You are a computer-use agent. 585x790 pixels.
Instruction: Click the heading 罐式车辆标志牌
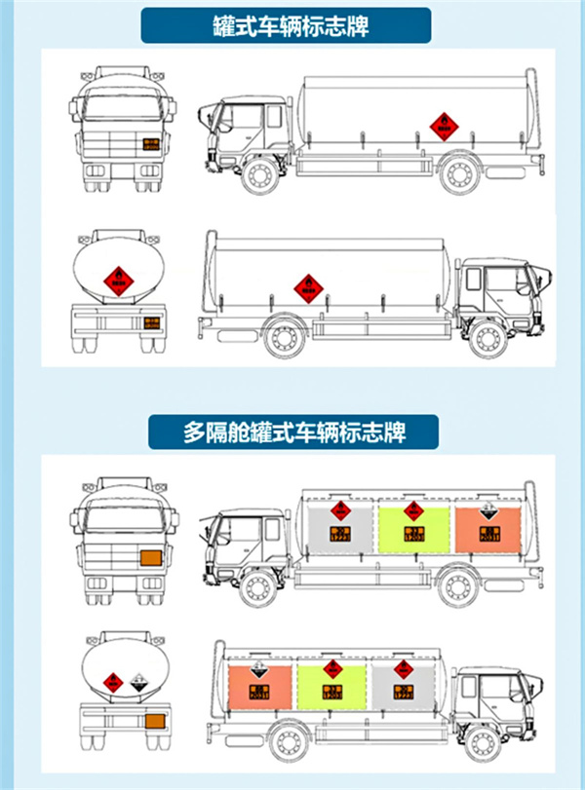[x=292, y=24]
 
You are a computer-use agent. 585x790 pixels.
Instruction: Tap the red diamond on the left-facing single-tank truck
[x=444, y=125]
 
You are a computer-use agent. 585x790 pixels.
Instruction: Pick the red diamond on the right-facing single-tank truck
[x=309, y=286]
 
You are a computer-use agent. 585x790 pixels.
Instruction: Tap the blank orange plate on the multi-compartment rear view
[x=153, y=722]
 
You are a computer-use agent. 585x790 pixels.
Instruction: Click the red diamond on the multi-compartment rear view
[x=113, y=682]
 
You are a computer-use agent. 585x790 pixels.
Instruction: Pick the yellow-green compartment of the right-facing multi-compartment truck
[x=331, y=688]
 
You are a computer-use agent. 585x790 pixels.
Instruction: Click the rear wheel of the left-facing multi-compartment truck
[x=455, y=587]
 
